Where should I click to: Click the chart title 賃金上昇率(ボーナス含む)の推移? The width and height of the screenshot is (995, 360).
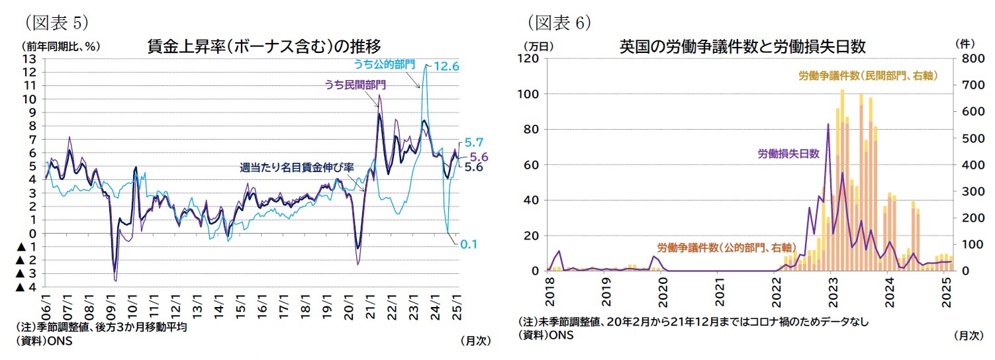click(263, 46)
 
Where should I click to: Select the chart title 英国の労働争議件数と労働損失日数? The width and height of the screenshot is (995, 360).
click(742, 46)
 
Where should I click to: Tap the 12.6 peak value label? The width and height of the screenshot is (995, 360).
click(446, 66)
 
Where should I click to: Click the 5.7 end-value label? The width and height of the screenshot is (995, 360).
click(474, 142)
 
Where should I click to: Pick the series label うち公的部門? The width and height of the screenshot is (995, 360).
click(384, 64)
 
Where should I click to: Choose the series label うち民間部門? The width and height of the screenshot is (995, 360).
click(355, 85)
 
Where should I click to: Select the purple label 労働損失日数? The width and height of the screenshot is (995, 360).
click(788, 154)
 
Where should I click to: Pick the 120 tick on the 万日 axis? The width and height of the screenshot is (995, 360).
click(531, 58)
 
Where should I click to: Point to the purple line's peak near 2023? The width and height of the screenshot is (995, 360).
click(828, 124)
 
